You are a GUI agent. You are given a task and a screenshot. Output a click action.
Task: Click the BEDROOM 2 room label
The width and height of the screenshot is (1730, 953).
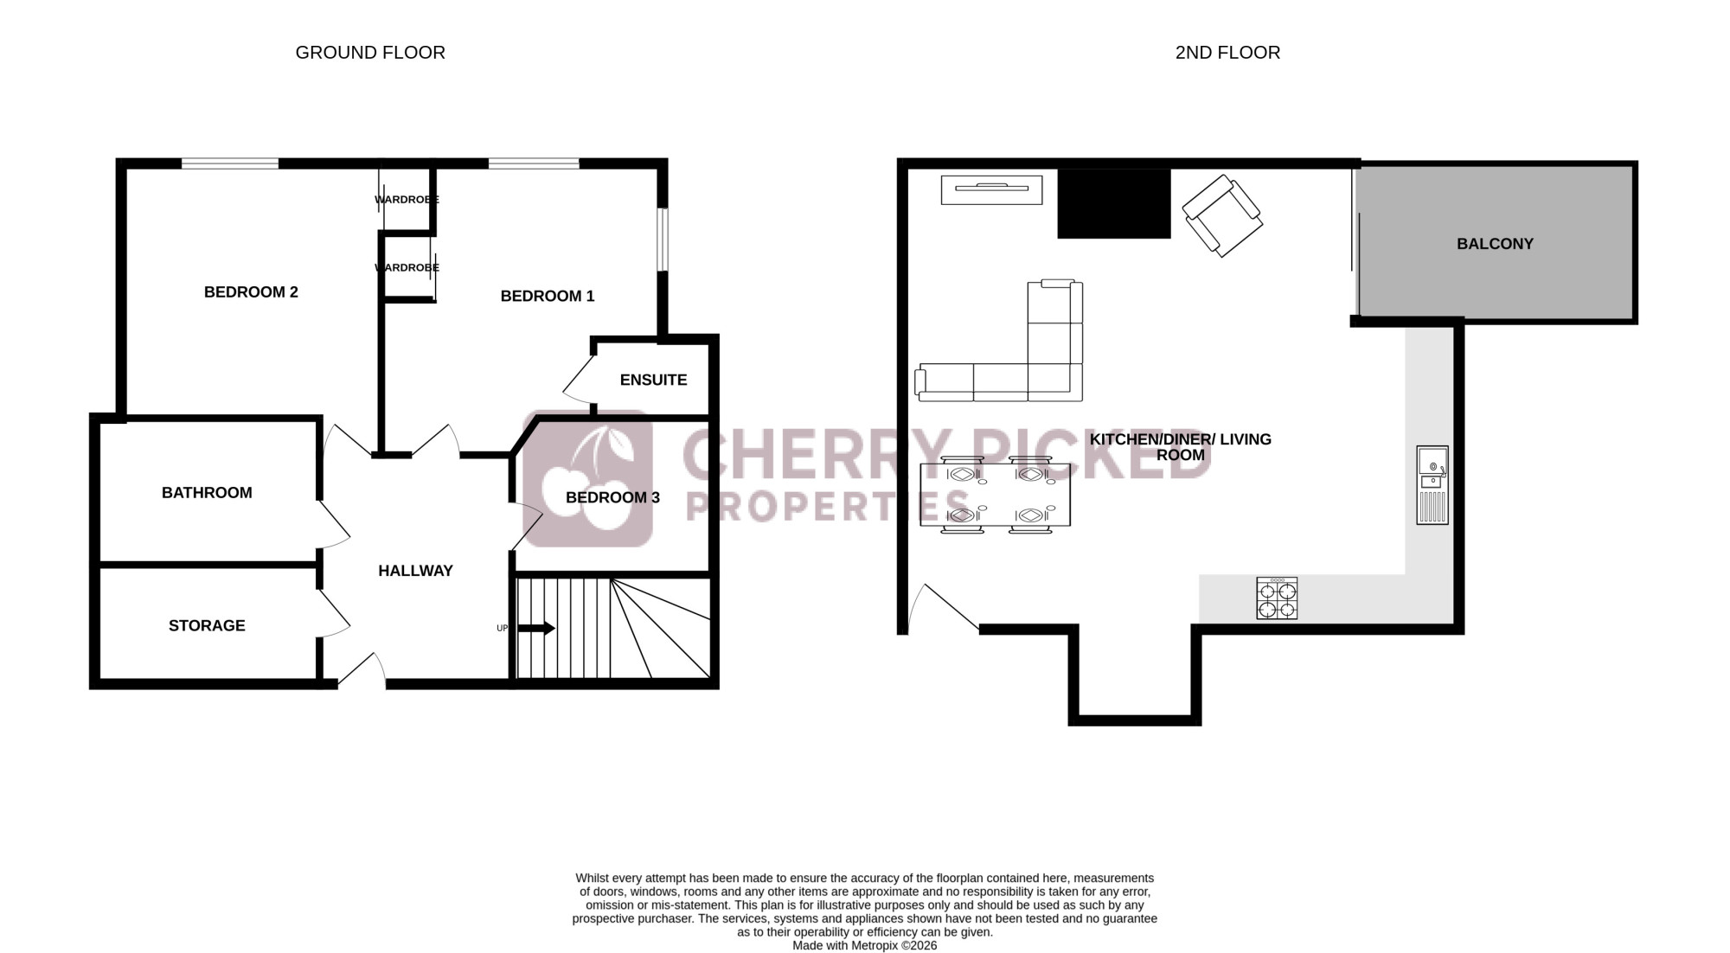click(x=251, y=292)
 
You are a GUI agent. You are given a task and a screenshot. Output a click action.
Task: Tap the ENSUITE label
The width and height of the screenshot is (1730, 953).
click(x=653, y=380)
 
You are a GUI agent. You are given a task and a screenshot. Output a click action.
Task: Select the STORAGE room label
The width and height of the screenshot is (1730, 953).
click(x=207, y=625)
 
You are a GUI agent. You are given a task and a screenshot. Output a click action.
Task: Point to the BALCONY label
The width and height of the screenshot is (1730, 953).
click(x=1495, y=244)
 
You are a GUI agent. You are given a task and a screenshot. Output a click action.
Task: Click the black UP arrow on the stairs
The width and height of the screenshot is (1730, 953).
click(x=536, y=629)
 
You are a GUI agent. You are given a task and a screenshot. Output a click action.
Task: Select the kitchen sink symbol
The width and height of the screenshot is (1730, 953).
click(x=1432, y=485)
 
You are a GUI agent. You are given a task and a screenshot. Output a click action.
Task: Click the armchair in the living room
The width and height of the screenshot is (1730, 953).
click(x=1221, y=215)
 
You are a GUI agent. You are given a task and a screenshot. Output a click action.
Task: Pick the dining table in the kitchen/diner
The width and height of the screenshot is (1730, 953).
click(x=995, y=495)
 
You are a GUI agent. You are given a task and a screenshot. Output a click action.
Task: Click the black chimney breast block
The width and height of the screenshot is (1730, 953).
click(x=1114, y=203)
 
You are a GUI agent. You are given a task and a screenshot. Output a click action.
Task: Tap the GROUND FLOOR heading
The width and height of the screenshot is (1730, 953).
click(x=370, y=53)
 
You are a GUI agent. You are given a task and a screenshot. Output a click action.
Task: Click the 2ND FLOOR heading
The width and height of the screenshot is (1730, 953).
click(x=1227, y=53)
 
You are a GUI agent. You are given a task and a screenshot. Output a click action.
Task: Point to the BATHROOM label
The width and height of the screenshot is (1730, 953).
click(x=207, y=493)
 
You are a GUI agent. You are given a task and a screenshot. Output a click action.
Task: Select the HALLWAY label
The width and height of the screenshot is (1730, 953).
click(x=415, y=571)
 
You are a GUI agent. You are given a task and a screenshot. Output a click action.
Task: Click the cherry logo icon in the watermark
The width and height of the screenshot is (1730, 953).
click(x=587, y=478)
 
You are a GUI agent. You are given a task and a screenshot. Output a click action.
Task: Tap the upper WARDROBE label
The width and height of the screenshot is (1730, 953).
click(x=407, y=200)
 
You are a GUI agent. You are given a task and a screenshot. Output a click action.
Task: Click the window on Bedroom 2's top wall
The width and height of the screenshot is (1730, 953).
click(x=230, y=163)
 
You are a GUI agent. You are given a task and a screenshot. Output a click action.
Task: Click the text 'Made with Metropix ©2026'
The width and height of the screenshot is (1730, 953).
click(x=865, y=945)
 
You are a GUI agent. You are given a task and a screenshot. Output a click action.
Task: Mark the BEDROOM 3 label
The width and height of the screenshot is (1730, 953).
click(x=612, y=497)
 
